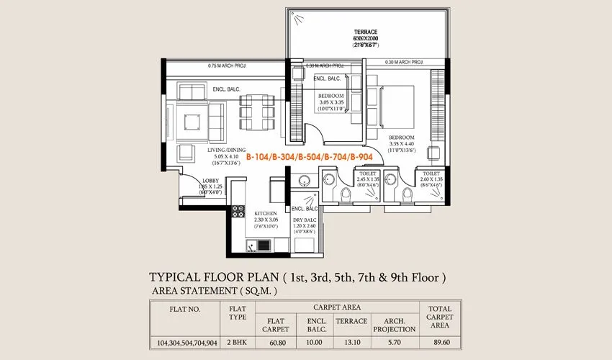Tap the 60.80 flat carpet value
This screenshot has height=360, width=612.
pyautogui.click(x=277, y=343)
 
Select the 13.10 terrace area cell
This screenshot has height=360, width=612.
pyautogui.click(x=352, y=343)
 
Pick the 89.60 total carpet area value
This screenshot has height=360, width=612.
pyautogui.click(x=439, y=343)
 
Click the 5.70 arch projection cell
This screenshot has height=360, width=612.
pyautogui.click(x=395, y=343)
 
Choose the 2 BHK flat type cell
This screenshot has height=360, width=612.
pyautogui.click(x=237, y=343)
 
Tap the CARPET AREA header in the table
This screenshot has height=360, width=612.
pyautogui.click(x=338, y=306)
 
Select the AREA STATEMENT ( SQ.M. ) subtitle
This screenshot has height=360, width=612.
pyautogui.click(x=214, y=291)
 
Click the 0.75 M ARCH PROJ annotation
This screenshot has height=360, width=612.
pyautogui.click(x=227, y=66)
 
